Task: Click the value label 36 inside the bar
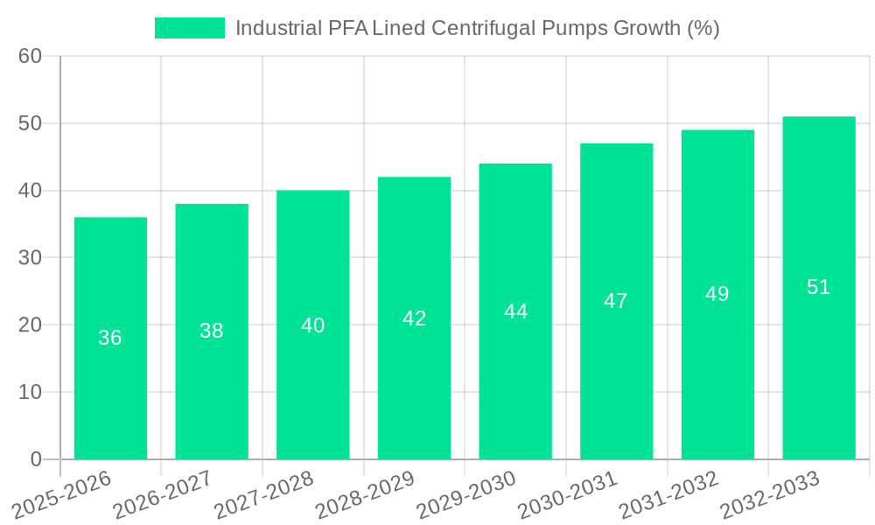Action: [x=110, y=338]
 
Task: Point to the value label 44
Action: [x=515, y=311]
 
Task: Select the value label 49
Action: [x=717, y=294]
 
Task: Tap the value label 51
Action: [x=818, y=287]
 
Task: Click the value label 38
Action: [x=211, y=331]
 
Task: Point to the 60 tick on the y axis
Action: [x=30, y=56]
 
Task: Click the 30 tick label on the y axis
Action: [x=30, y=258]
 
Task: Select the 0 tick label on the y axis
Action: [x=36, y=459]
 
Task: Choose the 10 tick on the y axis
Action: [x=30, y=392]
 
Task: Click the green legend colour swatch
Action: [x=190, y=28]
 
